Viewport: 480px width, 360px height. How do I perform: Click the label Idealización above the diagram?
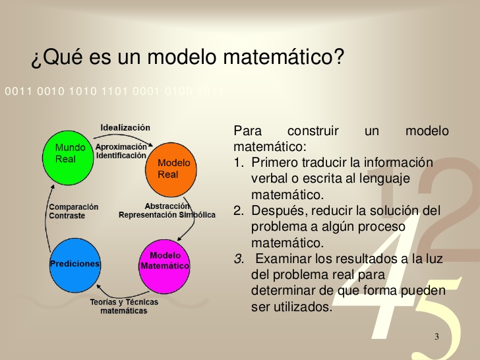point(125,127)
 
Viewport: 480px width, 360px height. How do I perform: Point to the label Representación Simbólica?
point(167,215)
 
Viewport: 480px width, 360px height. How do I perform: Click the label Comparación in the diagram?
point(74,207)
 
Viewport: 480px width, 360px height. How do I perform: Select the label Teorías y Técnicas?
point(124,303)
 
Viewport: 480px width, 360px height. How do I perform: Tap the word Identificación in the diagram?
point(121,156)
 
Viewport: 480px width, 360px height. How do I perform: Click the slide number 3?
point(436,337)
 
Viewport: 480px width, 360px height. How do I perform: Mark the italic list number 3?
point(238,258)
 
